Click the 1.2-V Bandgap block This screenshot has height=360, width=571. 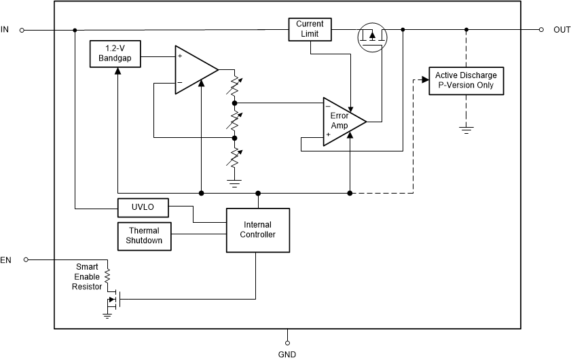114,54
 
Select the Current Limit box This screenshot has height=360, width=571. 310,29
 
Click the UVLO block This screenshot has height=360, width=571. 143,206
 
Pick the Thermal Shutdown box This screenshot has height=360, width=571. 144,235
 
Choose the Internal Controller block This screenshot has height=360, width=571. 258,230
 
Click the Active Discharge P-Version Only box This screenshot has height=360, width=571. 465,81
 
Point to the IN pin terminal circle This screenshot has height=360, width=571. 22,30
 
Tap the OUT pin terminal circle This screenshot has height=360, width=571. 541,30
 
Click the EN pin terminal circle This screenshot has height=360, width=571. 26,259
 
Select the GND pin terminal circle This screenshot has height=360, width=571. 287,342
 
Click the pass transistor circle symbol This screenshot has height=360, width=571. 371,37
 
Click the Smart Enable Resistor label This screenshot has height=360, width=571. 86,276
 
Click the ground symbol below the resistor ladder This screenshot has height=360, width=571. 234,181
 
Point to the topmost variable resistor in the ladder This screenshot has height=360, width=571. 235,87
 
